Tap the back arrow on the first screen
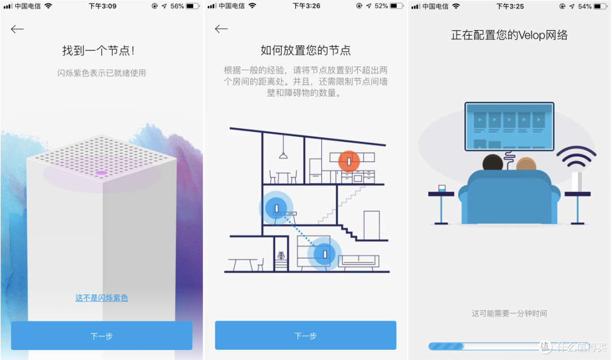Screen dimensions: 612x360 coord(17,29)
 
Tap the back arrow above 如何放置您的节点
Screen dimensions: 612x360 coord(222,29)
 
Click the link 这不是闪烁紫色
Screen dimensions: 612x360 coord(101,298)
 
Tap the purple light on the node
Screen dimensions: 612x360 coord(101,172)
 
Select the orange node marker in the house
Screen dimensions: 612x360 coord(349,161)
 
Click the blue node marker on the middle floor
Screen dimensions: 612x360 coord(277,208)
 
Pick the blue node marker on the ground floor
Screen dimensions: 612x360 coord(324,255)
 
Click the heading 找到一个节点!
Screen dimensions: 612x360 coord(99,50)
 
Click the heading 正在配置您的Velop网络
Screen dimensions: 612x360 coord(509,35)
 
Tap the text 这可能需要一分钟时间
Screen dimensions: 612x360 coord(509,314)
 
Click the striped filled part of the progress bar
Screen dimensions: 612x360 coord(446,346)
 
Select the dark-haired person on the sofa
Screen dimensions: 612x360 coord(492,163)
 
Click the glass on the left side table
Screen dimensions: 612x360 coord(442,189)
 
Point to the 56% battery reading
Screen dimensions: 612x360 coord(177,6)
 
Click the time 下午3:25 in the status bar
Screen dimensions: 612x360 coord(510,6)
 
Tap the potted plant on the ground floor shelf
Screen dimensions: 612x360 coord(281,256)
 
